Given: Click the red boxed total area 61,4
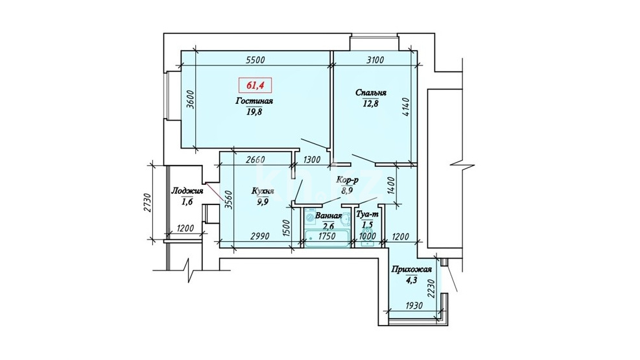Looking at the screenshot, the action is (255, 86).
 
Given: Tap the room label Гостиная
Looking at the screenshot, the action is (254, 101).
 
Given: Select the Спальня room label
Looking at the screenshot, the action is (371, 93).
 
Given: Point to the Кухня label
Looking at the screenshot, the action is (263, 191).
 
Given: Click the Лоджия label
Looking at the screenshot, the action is (187, 191).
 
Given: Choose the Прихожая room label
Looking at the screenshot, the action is (411, 269).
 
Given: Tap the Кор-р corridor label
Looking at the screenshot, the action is (347, 179).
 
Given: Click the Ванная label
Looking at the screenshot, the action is (328, 216).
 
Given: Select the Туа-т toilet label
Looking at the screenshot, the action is (368, 214).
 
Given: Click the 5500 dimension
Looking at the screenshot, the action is (255, 60).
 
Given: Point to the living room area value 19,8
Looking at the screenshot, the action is (254, 112).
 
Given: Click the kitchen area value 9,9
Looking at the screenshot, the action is (263, 202).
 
